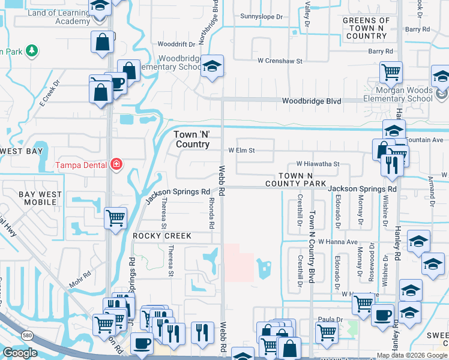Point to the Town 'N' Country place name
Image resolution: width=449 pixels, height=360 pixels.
pyautogui.click(x=192, y=140)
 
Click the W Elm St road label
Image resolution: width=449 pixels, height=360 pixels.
pyautogui.click(x=242, y=151)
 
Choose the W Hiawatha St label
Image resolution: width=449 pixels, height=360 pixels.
pyautogui.click(x=318, y=164)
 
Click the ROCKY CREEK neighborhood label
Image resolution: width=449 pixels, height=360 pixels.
pyautogui.click(x=162, y=236)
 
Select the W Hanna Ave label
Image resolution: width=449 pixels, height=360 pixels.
pyautogui.click(x=338, y=241)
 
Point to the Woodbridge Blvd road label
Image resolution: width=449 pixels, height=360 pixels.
pyautogui.click(x=312, y=101)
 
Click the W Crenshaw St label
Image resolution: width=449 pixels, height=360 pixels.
pyautogui.click(x=280, y=61)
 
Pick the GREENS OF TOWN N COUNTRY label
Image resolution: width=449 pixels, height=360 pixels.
pyautogui.click(x=366, y=28)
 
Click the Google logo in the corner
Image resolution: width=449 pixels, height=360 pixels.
pyautogui.click(x=20, y=353)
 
